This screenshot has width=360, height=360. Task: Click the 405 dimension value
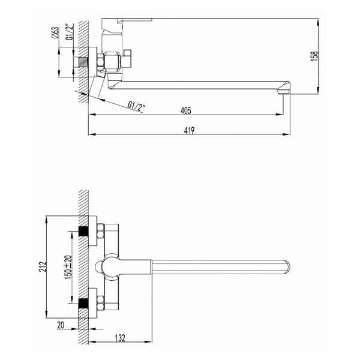tap(186, 110)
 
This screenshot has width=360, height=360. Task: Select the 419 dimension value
tap(189, 130)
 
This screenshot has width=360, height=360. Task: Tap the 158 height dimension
tap(314, 56)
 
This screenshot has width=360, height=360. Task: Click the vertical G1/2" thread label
tap(70, 32)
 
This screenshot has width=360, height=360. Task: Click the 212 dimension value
tap(43, 266)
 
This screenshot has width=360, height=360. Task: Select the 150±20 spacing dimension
tap(68, 267)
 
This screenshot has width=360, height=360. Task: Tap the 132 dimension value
tap(120, 338)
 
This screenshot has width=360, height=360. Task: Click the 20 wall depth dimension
tap(61, 325)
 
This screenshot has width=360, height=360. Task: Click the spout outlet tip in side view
tap(284, 92)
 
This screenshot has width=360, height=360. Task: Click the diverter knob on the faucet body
tap(127, 59)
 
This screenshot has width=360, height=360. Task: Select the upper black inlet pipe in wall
tap(83, 231)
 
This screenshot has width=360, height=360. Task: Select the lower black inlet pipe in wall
tap(83, 303)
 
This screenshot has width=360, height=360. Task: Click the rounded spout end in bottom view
tap(287, 267)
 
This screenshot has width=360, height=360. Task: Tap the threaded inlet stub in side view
tap(83, 62)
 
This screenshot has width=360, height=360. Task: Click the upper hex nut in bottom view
tap(101, 231)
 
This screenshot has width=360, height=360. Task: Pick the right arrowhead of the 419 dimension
tap(287, 134)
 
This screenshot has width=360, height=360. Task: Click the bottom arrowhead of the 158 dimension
tap(318, 90)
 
